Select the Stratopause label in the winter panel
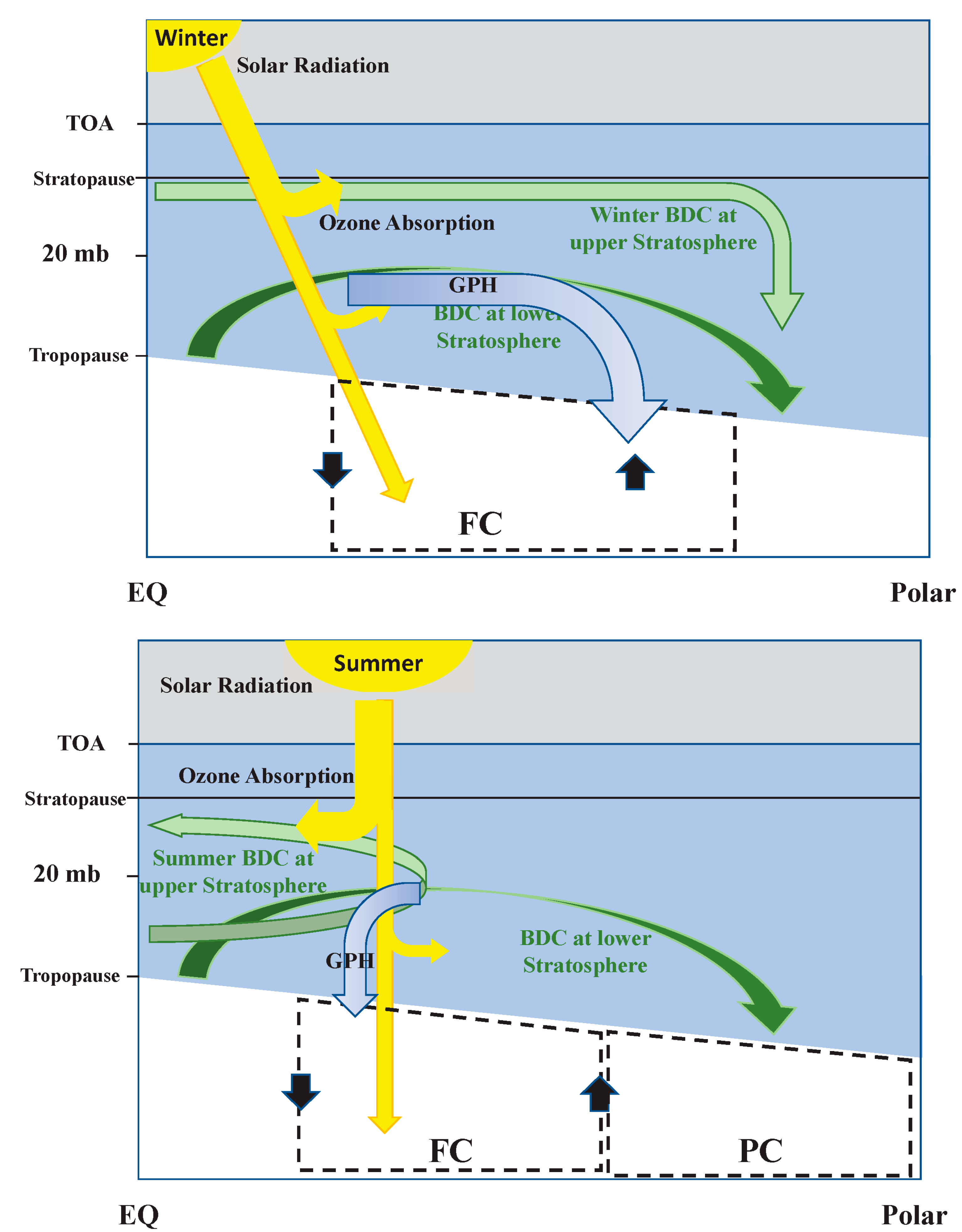pyautogui.click(x=83, y=179)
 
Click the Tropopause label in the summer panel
pyautogui.click(x=70, y=975)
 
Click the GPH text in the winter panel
pyautogui.click(x=473, y=285)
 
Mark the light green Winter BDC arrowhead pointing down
pyautogui.click(x=782, y=310)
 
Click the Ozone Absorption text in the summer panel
pyautogui.click(x=266, y=776)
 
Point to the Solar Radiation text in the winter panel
pyautogui.click(x=313, y=66)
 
